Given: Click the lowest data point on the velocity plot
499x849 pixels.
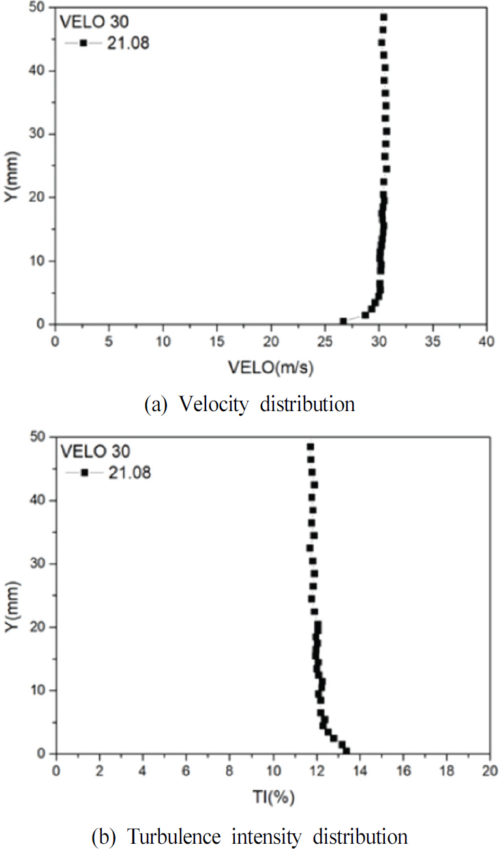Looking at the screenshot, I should coord(343,321).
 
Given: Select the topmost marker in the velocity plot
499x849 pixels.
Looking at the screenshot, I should coord(384,17).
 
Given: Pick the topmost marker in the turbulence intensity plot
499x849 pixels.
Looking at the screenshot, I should coord(310,447).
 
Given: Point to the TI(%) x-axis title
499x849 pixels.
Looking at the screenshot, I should coord(273,797).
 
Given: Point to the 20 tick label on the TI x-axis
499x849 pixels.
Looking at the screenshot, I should coord(490,771).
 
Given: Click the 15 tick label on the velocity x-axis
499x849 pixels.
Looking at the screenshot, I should coord(217,341).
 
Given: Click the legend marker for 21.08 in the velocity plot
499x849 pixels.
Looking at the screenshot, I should coord(84,44).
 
